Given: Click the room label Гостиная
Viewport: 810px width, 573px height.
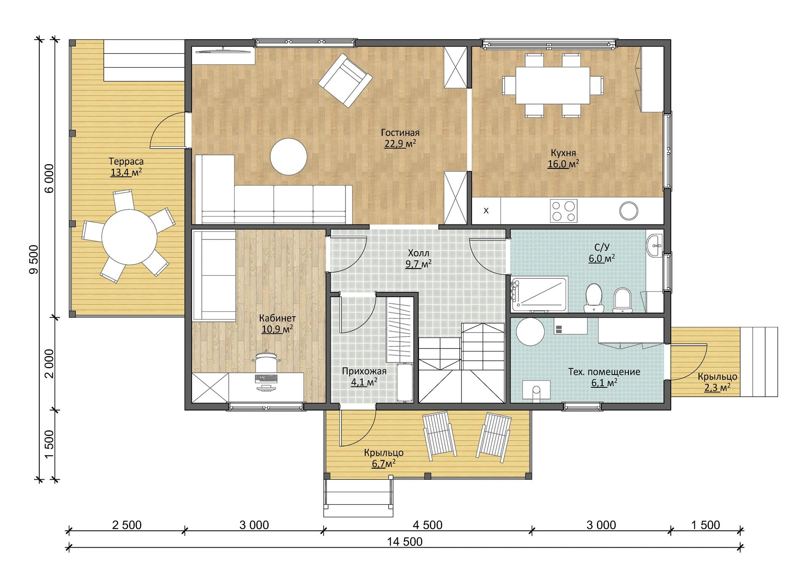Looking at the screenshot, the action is [400, 132].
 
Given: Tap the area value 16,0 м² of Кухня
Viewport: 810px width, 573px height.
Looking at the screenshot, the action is [563, 164].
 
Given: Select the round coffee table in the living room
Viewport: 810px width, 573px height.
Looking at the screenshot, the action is [289, 157].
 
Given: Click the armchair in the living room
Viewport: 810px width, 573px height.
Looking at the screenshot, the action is [345, 80].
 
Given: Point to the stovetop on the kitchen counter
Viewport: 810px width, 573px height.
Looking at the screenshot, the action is [564, 211].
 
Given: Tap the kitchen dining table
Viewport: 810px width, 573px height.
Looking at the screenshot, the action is [553, 85].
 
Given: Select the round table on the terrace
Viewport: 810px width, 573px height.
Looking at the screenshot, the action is [129, 237].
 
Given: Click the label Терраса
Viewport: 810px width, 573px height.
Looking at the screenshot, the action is [126, 161].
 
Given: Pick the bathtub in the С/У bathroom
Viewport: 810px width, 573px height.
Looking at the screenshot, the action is [540, 294].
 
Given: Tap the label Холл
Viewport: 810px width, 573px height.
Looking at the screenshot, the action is [418, 253].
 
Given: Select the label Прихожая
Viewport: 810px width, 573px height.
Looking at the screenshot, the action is [364, 371].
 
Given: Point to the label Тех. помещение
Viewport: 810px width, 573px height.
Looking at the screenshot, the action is [604, 372].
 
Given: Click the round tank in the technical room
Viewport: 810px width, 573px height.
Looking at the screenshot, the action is [531, 331].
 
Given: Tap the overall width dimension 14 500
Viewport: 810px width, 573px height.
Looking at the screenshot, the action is [405, 542].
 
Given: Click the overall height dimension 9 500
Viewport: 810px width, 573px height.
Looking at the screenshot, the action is [34, 259].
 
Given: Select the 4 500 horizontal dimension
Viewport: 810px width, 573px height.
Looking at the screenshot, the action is [427, 525].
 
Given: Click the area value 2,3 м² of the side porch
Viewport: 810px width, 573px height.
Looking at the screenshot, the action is [717, 387].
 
